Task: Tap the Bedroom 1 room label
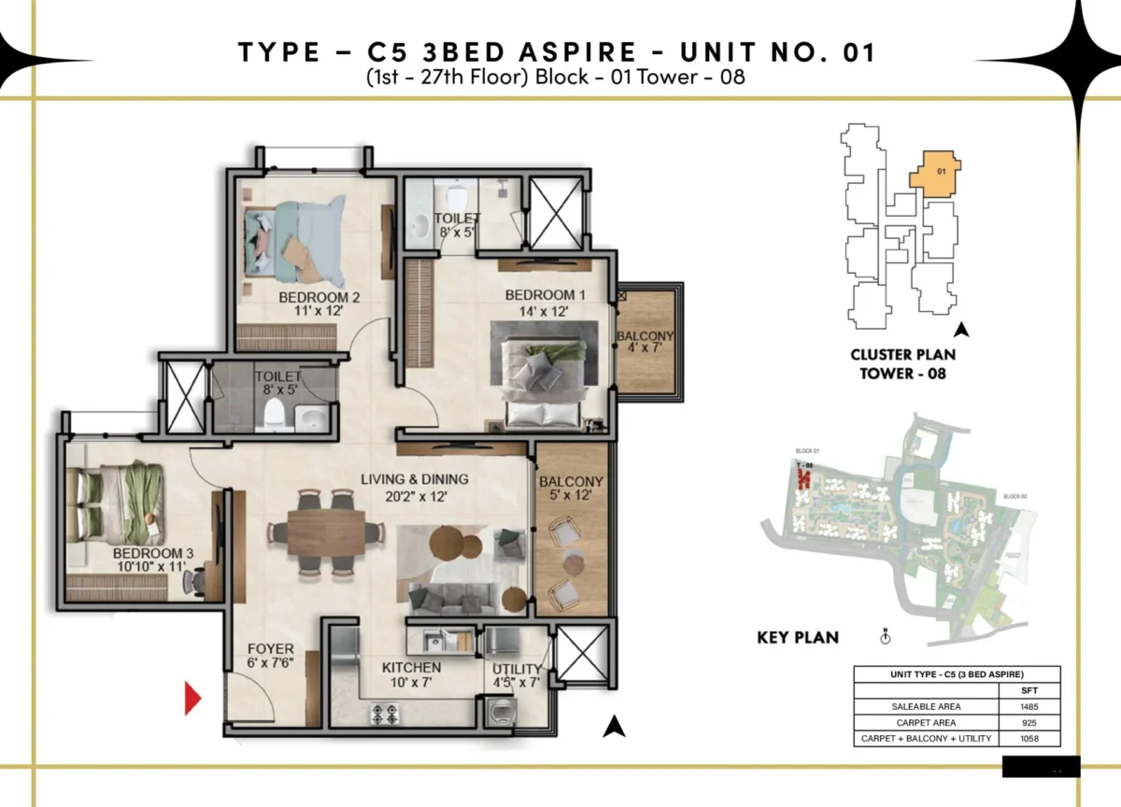coord(537,296)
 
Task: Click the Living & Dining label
coord(415,480)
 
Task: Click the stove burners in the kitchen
coord(385,715)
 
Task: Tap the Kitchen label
coord(411,668)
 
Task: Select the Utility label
coord(517,669)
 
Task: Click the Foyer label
coord(271,649)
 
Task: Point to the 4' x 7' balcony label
coord(645,345)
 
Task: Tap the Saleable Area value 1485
coord(1029,706)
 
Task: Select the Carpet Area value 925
coord(1029,722)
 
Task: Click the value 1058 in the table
coord(1029,738)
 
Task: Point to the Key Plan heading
coord(797,638)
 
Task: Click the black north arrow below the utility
coord(612,726)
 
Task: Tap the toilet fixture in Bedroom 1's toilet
coord(457,196)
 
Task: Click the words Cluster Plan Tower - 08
coord(902,363)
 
